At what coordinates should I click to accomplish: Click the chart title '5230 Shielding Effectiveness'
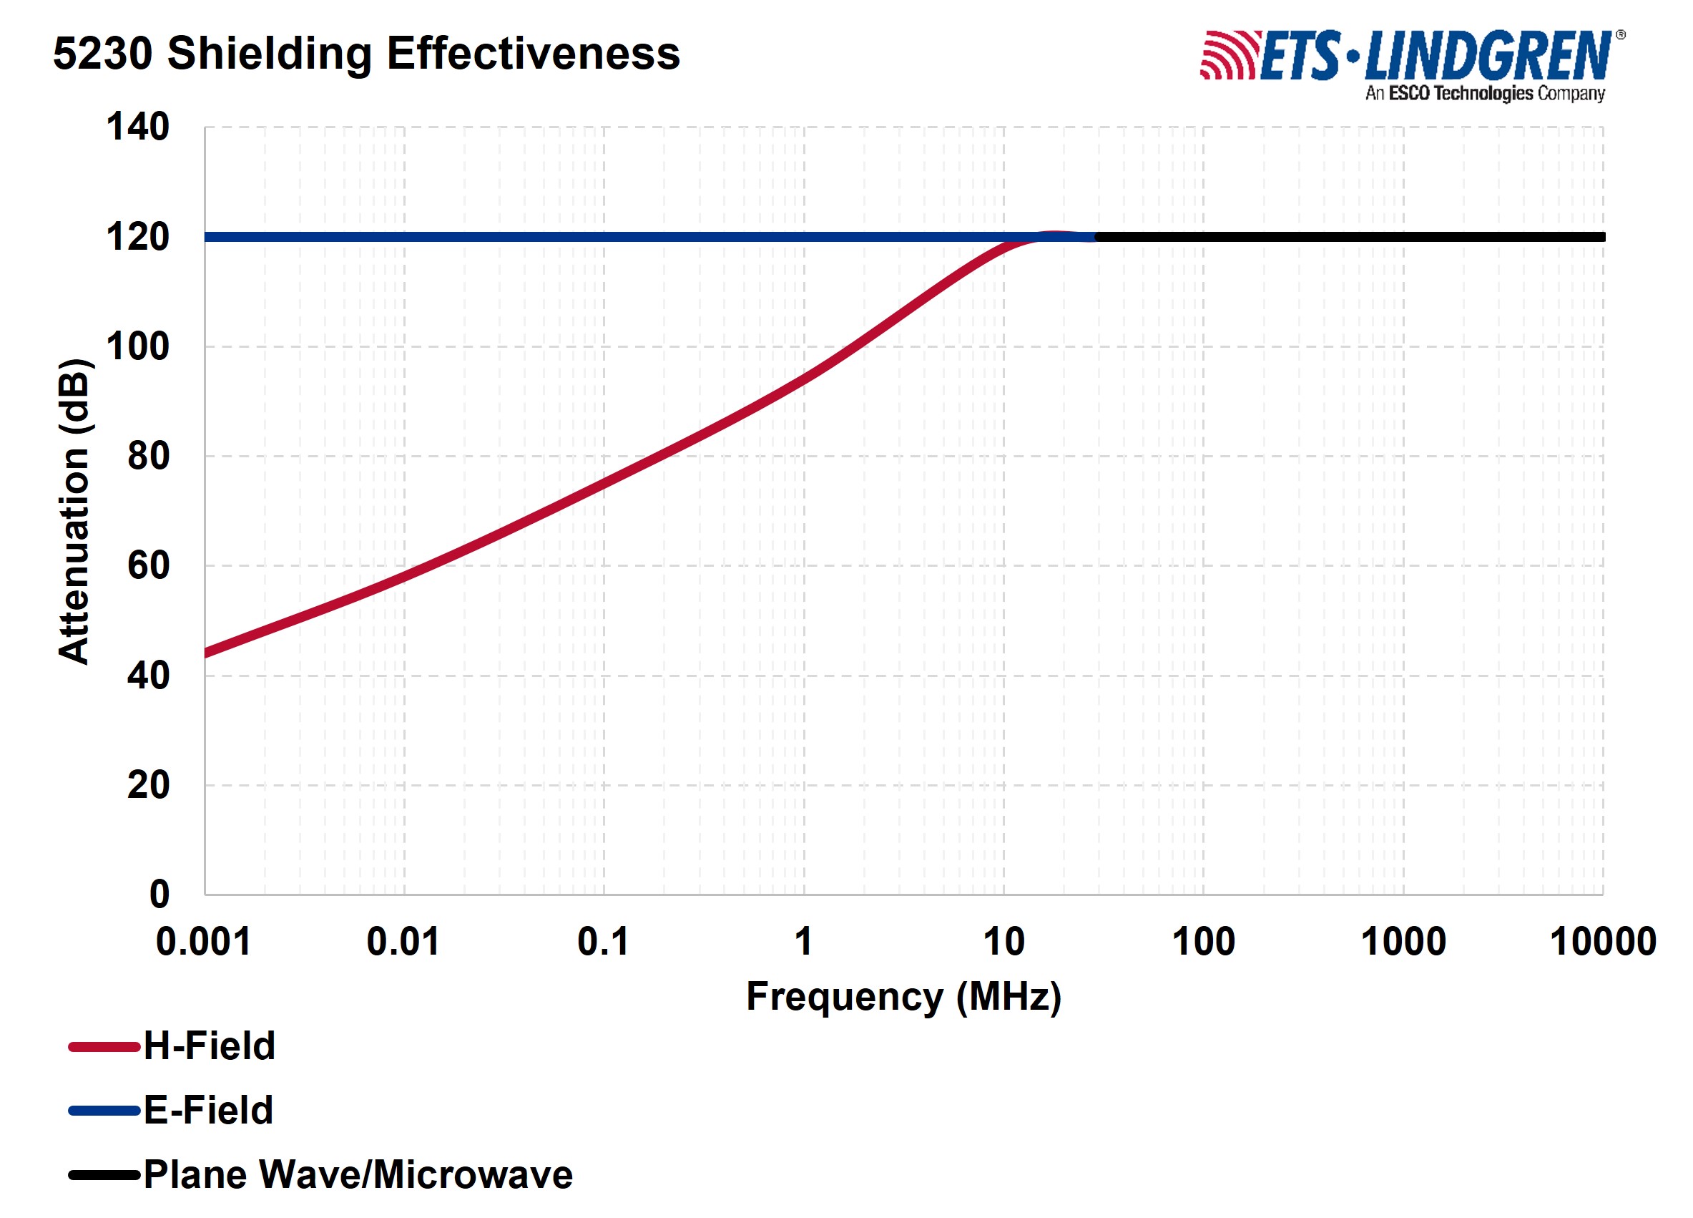pos(365,54)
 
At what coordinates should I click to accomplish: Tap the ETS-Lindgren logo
pos(1410,56)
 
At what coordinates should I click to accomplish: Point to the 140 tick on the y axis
pos(138,127)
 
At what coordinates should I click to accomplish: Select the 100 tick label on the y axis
pos(138,346)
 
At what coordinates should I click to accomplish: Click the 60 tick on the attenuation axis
pos(149,565)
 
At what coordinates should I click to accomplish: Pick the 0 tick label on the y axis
pos(160,894)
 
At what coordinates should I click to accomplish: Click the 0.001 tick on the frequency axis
pos(203,941)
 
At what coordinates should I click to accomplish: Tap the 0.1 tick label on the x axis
pos(603,941)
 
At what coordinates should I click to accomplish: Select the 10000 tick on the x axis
pos(1603,941)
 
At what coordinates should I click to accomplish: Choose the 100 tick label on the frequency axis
pos(1203,941)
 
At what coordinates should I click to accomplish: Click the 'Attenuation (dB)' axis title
pos(74,512)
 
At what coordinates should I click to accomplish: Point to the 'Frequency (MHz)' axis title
pos(903,996)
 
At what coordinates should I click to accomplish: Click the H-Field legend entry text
pos(210,1046)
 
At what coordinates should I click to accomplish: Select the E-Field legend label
pos(209,1110)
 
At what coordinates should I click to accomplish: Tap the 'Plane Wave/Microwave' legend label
pos(358,1174)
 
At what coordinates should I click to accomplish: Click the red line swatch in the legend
pos(104,1047)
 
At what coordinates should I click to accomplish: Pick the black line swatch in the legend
pos(104,1176)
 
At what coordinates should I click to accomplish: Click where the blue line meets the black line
pos(1095,237)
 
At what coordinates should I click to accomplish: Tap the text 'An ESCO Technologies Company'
pos(1485,93)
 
